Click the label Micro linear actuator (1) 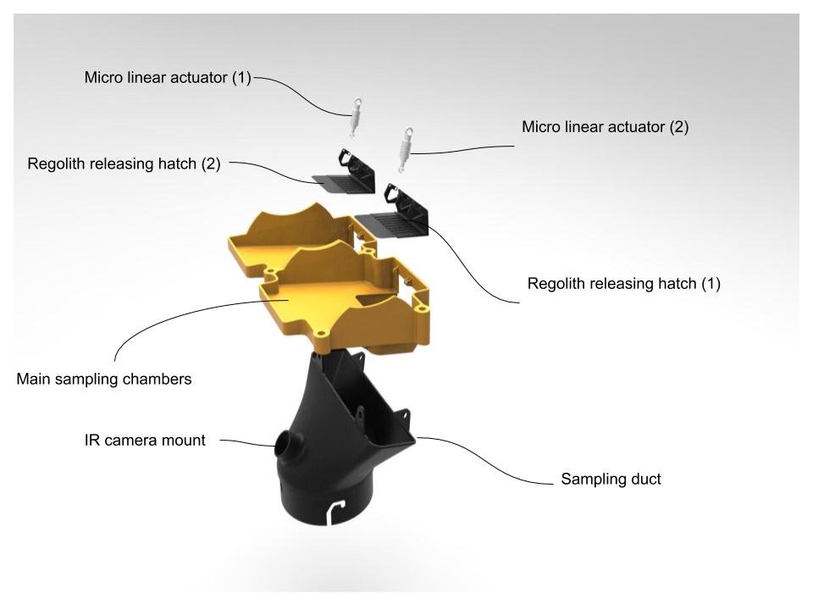168,78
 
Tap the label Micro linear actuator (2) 605,127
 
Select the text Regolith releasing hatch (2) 124,164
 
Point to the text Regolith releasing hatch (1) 624,284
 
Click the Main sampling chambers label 104,380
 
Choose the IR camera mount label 145,441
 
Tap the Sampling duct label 611,479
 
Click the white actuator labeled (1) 356,118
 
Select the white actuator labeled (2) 405,150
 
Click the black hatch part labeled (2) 346,173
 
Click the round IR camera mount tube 286,445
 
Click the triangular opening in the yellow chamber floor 376,299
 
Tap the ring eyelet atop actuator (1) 357,103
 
